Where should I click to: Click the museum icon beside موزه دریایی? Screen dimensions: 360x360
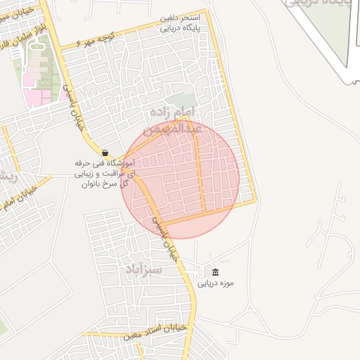215,273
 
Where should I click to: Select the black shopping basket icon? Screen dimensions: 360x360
105,153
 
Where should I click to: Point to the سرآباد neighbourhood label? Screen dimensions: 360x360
143,269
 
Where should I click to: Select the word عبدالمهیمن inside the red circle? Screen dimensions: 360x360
173,129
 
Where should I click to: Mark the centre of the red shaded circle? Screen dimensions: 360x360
181,179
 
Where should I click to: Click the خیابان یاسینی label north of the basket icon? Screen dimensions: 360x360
70,101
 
